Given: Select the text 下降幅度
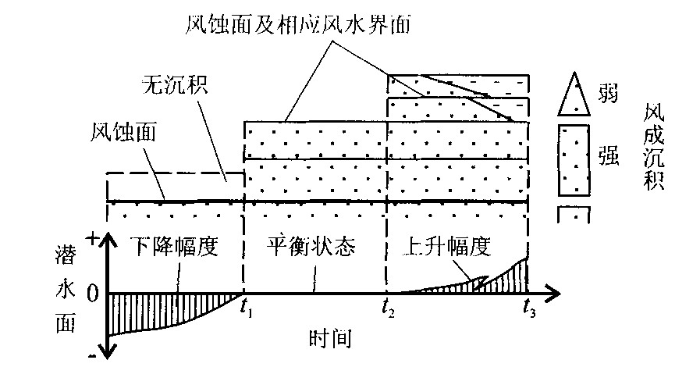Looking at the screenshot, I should tap(172, 248).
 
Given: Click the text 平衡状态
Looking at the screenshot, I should tap(311, 248).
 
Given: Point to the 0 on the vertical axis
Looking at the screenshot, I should tap(93, 294).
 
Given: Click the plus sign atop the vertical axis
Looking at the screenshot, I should tap(91, 239).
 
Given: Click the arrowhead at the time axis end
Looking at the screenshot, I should tap(553, 294).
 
